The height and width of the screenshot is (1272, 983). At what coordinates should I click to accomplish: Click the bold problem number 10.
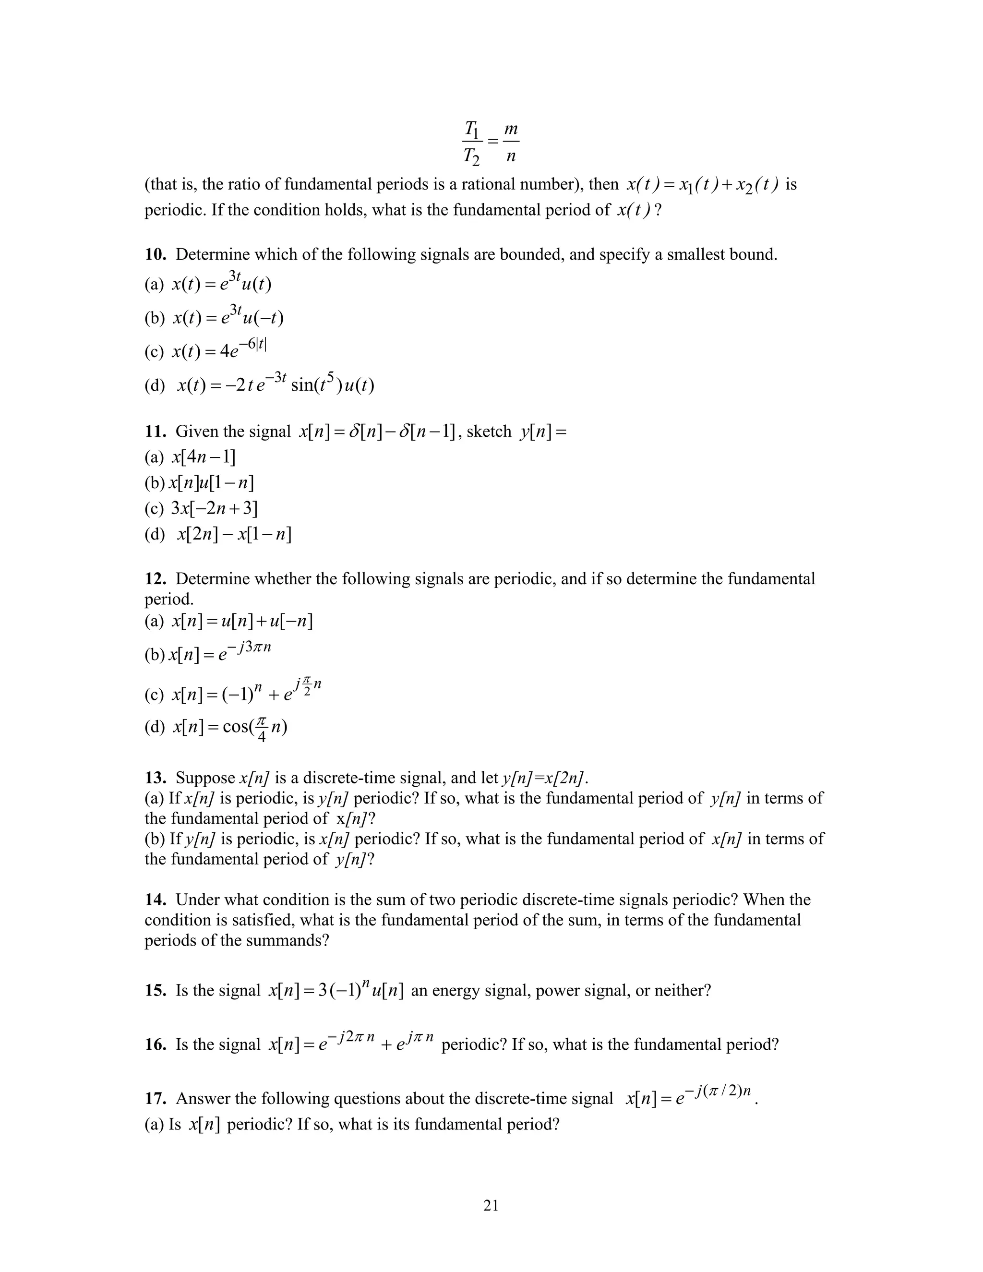(x=156, y=254)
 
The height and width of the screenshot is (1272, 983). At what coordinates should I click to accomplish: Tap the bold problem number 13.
(x=156, y=778)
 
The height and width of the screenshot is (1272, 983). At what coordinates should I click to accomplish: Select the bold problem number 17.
(x=156, y=1098)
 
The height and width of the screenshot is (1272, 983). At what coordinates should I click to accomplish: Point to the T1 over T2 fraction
(x=472, y=142)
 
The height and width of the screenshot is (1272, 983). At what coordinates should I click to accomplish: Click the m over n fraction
(x=511, y=142)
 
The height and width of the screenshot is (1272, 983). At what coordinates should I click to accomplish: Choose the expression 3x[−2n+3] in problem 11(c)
(x=214, y=508)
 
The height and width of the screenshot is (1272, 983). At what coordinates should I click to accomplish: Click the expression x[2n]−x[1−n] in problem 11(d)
(x=234, y=534)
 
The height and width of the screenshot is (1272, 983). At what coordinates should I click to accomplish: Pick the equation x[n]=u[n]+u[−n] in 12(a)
(x=242, y=622)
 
